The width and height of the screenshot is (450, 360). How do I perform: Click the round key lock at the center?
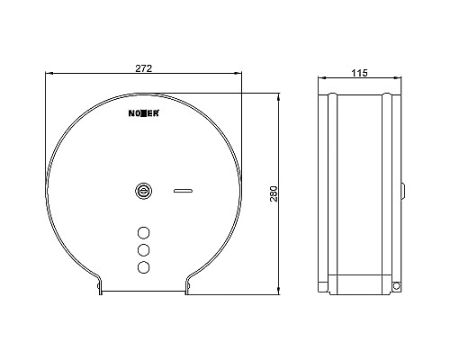142,191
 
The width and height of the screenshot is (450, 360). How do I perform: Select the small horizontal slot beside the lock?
183,191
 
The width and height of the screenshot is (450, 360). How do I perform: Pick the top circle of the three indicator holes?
142,229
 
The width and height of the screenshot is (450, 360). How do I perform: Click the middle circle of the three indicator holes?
142,248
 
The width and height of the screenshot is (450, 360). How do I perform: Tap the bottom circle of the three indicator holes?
142,267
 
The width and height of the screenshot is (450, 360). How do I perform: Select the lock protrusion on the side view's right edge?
403,191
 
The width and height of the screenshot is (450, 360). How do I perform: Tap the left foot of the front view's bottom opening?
99,285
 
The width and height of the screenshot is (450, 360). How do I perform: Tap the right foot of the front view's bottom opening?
186,285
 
